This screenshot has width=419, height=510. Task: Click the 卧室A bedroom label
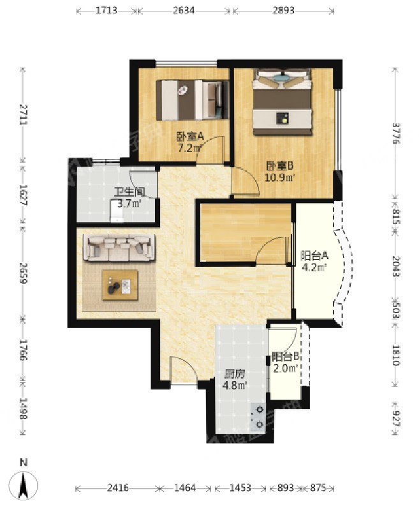190,137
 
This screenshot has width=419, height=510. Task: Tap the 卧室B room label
280,166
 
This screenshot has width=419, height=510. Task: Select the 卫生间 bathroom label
129,192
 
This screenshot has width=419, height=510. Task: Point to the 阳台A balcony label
314,257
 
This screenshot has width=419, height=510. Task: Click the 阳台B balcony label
286,357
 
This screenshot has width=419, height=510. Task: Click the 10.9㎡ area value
279,178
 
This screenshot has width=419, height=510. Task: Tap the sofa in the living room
120,248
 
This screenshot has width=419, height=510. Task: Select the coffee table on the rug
120,285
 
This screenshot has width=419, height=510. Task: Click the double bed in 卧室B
283,101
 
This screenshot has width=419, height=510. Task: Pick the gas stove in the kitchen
258,417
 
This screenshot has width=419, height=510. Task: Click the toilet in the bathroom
117,211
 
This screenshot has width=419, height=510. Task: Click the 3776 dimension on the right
395,133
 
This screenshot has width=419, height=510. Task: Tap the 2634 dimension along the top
184,10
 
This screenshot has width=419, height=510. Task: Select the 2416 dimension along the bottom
118,488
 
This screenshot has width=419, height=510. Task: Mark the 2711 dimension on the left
23,114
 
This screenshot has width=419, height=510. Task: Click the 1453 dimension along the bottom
240,488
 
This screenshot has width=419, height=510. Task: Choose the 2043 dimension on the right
395,267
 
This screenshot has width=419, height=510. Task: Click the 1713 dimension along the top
107,10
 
